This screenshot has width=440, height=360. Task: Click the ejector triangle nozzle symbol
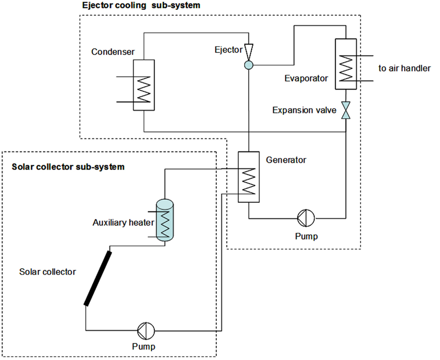click(x=249, y=51)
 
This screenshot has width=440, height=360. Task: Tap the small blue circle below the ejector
click(x=249, y=66)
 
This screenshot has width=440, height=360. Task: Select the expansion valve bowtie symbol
click(x=346, y=110)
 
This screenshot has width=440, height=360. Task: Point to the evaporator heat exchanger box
click(x=346, y=63)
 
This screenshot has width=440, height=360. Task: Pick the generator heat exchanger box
click(x=249, y=177)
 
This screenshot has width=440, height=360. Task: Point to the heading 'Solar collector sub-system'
click(x=68, y=167)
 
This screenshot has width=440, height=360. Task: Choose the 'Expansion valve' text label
click(x=304, y=110)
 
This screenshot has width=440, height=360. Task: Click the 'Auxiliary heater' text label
click(x=123, y=223)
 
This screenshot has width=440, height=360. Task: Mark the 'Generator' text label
click(x=286, y=160)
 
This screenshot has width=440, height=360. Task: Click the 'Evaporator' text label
click(x=306, y=79)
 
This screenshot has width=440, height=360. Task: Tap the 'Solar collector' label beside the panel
click(x=48, y=272)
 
